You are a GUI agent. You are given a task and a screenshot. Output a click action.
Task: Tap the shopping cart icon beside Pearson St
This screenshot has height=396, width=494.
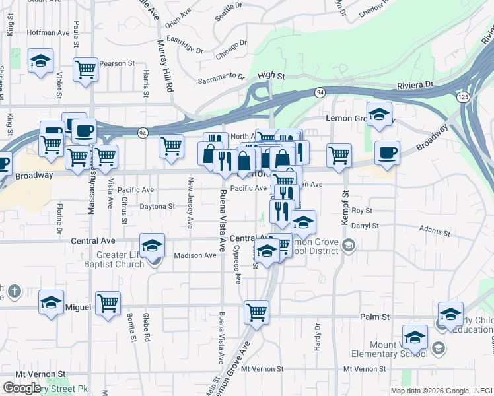pyautogui.click(x=85, y=69)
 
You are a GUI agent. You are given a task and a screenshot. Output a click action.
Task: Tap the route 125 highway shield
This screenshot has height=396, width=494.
pyautogui.click(x=462, y=96)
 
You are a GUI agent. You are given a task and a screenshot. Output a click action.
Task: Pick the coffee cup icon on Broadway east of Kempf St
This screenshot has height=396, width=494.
pyautogui.click(x=387, y=152)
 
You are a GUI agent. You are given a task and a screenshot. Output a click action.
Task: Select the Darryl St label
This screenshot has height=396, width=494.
pyautogui.click(x=365, y=226)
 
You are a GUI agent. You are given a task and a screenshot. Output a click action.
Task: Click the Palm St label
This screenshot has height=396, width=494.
pyautogui.click(x=374, y=317)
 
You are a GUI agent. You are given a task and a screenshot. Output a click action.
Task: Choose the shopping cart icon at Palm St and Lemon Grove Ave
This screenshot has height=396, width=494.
pyautogui.click(x=256, y=311)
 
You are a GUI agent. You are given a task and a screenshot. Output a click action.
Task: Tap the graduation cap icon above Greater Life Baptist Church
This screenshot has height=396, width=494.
pyautogui.click(x=153, y=245)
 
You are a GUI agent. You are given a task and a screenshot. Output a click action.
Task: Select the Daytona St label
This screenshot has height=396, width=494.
pyautogui.click(x=157, y=206)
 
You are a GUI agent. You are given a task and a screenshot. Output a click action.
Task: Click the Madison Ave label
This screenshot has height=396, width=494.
pyautogui.click(x=195, y=255)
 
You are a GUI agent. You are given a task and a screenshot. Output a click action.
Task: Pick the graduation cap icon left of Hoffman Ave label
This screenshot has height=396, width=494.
pyautogui.click(x=41, y=61)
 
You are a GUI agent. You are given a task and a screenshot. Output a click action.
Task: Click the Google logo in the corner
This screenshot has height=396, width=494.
pyautogui.click(x=22, y=388)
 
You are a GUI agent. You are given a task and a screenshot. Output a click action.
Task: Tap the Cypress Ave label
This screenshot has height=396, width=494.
pyautogui.click(x=237, y=265)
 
